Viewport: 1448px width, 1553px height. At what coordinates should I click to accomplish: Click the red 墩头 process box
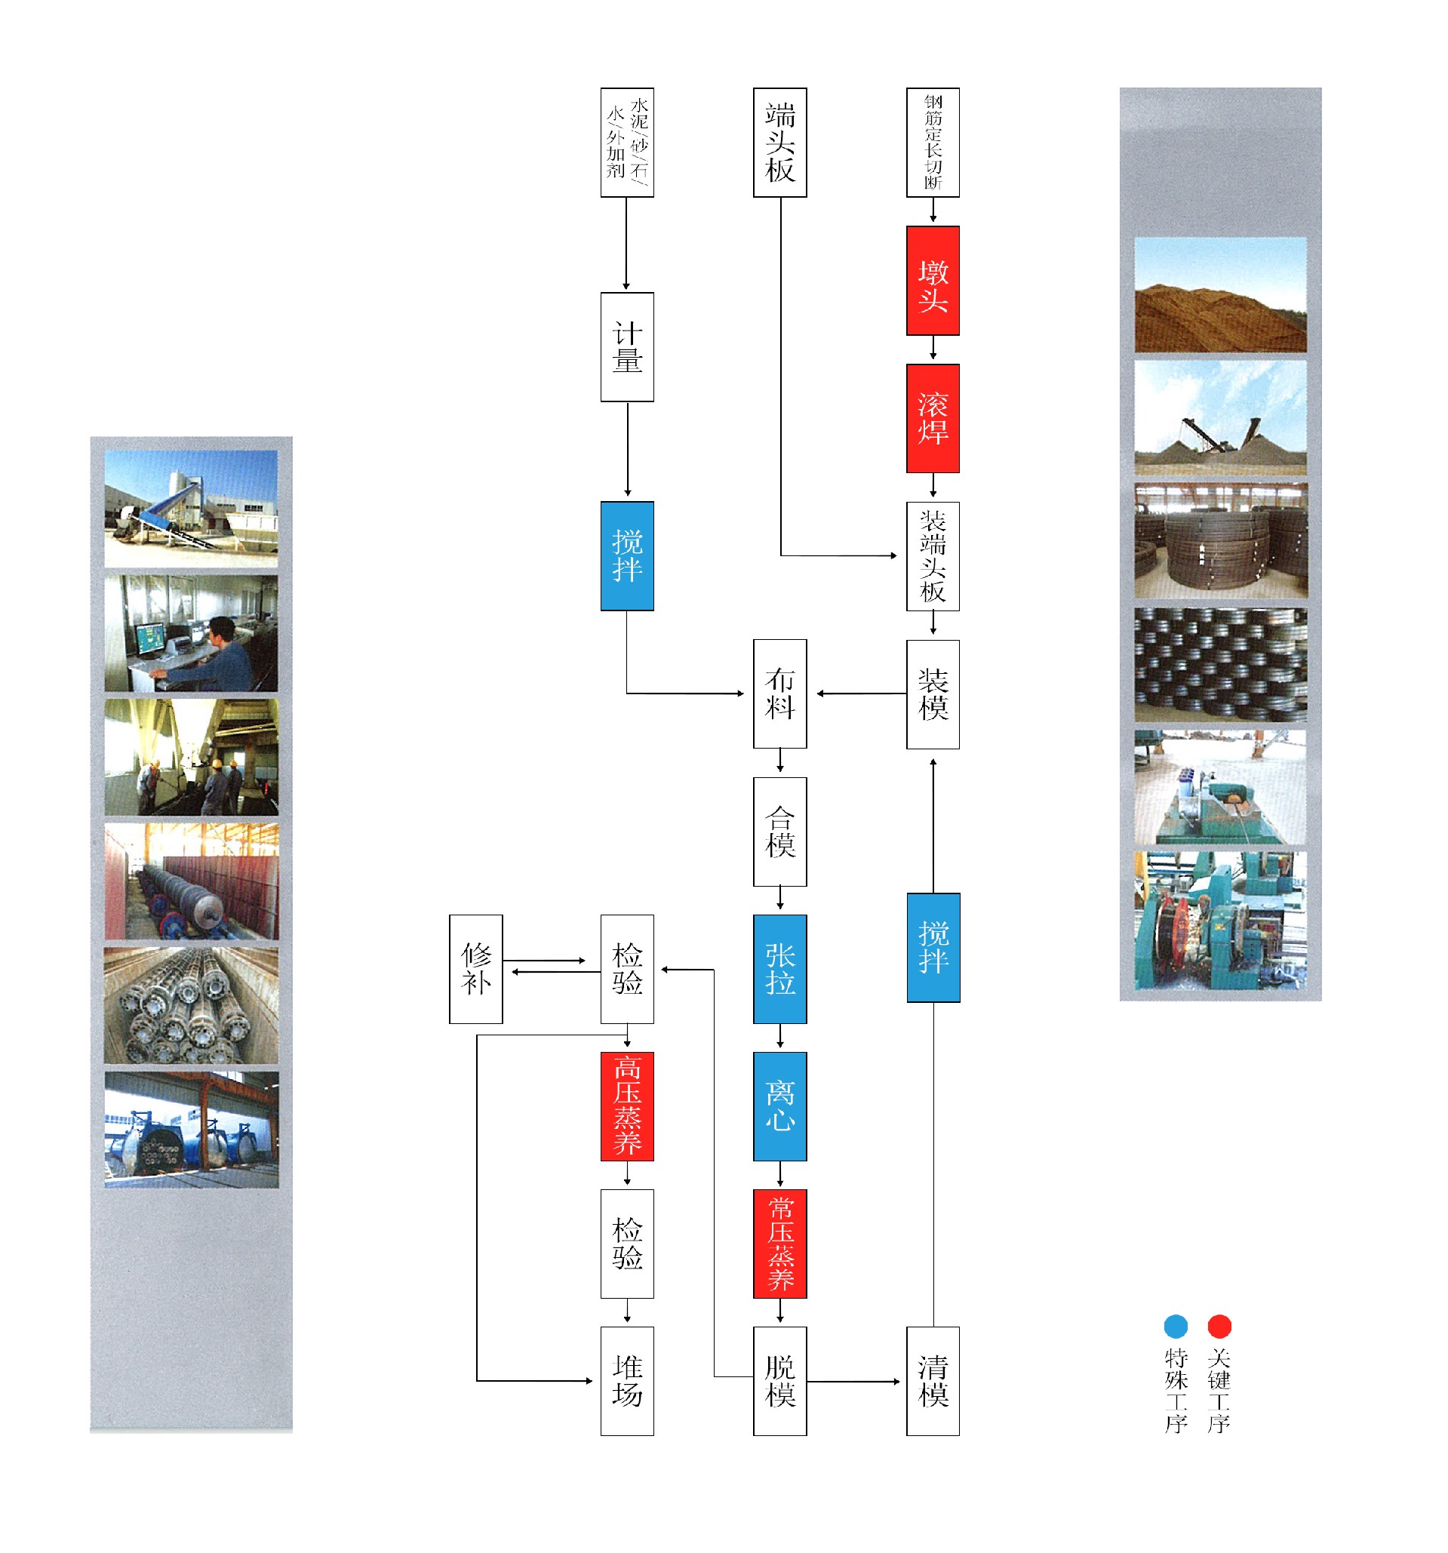(x=933, y=281)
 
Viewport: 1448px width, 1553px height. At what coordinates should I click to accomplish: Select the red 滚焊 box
(x=933, y=418)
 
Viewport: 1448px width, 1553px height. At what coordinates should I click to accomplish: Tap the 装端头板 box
(x=933, y=555)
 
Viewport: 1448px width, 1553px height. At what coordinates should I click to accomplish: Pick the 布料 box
(x=779, y=693)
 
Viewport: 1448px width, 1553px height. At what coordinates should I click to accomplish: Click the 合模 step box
(x=779, y=831)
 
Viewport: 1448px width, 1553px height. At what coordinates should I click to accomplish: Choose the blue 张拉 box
(x=779, y=969)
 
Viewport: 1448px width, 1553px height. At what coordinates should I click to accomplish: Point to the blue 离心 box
(x=779, y=1106)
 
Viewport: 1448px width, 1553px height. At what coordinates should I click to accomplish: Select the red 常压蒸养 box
(x=779, y=1244)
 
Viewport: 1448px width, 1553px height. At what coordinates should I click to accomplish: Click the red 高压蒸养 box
(x=626, y=1106)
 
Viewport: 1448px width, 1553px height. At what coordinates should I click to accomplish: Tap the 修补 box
(x=475, y=969)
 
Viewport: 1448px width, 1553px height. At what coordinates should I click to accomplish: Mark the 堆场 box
(x=626, y=1381)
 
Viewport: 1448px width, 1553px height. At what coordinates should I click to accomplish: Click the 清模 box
(x=933, y=1381)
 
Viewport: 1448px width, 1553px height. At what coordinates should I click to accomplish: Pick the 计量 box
(x=626, y=347)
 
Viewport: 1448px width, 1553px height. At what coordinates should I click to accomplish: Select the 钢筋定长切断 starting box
(x=933, y=142)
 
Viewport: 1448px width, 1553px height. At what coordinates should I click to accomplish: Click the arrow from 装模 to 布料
(x=859, y=693)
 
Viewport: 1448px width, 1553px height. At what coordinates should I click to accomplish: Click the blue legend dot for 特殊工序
(x=1176, y=1327)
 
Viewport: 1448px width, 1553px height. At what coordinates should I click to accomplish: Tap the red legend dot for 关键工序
(x=1219, y=1327)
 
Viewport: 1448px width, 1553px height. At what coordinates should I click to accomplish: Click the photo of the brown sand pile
(x=1220, y=294)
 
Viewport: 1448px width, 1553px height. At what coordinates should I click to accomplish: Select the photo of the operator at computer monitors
(x=191, y=634)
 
